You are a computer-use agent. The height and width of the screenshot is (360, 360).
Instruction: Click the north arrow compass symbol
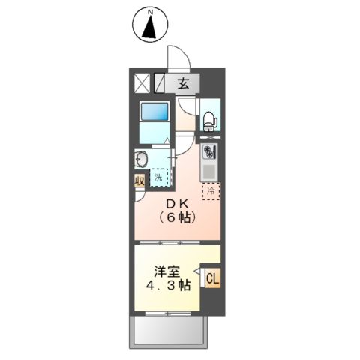[x=149, y=25]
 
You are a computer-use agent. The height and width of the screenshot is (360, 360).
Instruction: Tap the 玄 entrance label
[x=183, y=83]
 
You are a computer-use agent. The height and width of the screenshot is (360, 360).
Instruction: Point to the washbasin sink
[x=140, y=159]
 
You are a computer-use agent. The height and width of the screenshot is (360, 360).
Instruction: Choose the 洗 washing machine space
[x=159, y=178]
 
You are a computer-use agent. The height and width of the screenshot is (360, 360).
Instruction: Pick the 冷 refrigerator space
[x=211, y=190]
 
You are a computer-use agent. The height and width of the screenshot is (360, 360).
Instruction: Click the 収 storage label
[x=139, y=181]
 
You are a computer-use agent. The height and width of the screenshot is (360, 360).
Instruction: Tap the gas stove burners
[x=208, y=151]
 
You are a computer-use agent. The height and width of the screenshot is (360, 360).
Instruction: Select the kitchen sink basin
[x=209, y=172]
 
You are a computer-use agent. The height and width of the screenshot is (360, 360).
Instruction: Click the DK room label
[x=177, y=204]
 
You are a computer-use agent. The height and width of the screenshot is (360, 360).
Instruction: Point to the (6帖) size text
[x=177, y=218]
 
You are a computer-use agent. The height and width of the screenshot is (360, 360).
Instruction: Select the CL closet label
[x=211, y=280]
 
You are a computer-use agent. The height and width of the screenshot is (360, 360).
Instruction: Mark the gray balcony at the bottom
[x=169, y=331]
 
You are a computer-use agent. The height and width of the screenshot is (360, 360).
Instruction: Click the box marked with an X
[x=142, y=82]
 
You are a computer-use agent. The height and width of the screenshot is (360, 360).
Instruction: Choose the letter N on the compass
[x=149, y=12]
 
